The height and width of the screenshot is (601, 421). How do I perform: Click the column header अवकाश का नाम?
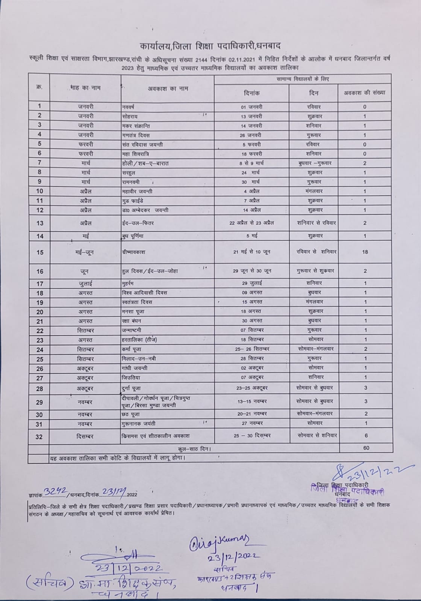(x=168, y=89)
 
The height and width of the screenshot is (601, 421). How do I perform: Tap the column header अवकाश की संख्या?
(x=365, y=93)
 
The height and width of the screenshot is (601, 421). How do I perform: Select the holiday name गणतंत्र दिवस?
(x=136, y=135)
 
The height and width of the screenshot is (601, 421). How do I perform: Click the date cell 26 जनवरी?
(x=251, y=135)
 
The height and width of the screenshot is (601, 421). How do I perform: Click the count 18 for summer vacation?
(x=365, y=252)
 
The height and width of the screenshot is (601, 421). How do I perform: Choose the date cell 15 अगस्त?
(x=251, y=302)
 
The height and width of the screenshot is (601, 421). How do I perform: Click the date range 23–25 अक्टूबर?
(x=251, y=388)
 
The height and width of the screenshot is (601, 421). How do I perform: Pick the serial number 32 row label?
(x=39, y=436)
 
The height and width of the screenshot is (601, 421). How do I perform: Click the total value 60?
(x=366, y=448)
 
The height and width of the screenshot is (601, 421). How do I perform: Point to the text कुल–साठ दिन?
(x=194, y=448)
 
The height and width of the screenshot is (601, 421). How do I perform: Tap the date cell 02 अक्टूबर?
(x=252, y=368)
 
